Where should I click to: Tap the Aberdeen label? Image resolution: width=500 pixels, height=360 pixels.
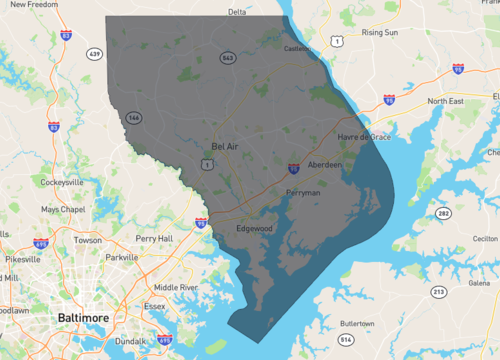[x=325, y=164]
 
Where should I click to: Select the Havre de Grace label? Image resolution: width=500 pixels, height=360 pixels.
[x=364, y=136]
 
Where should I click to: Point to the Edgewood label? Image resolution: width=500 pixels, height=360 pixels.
[x=254, y=228]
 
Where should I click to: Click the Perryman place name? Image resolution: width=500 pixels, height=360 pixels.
[x=303, y=190]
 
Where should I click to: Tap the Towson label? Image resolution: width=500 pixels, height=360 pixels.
[x=87, y=240]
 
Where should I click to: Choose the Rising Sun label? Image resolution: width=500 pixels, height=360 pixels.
[x=380, y=32]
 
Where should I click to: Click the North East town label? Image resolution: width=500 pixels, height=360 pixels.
[x=448, y=101]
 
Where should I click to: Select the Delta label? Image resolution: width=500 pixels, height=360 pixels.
[x=237, y=12]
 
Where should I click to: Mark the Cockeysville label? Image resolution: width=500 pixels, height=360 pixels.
[x=62, y=183]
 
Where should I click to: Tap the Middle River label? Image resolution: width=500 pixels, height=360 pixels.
[x=175, y=287]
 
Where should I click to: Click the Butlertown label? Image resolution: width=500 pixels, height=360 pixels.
[x=357, y=324]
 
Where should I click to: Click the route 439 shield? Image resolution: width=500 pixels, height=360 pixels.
[x=95, y=53]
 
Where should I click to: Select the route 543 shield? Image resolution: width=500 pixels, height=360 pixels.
[x=228, y=58]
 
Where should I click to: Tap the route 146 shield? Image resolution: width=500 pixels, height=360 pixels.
[x=133, y=118]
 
